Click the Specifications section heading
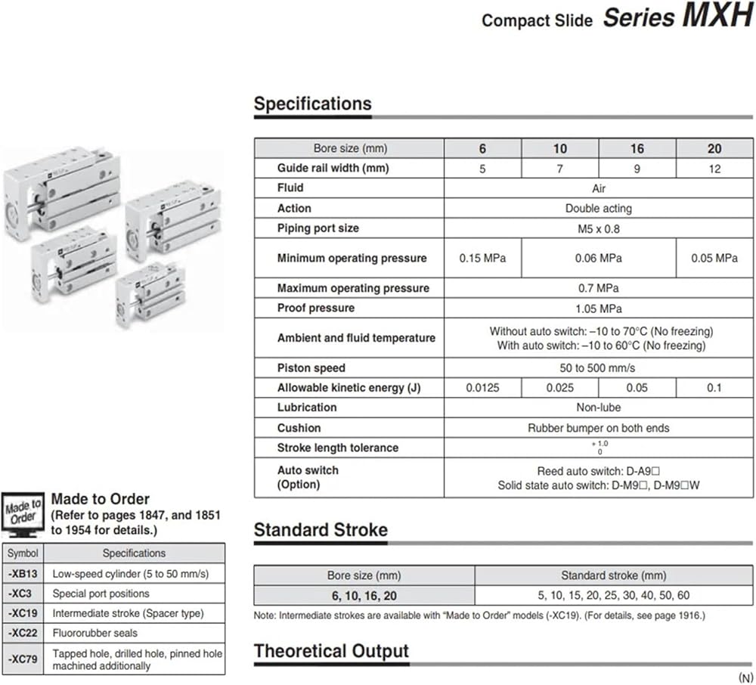312,104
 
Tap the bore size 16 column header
637,149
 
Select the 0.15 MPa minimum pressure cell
482,259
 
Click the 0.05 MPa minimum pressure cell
714,259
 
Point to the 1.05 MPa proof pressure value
598,308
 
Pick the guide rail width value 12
714,169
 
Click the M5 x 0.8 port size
598,228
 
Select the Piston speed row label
311,368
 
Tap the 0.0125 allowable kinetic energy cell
482,388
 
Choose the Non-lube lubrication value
598,408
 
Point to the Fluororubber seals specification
94,633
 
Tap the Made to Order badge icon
23,513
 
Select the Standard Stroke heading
321,530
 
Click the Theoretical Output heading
331,651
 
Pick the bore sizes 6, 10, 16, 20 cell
364,596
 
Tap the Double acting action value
598,209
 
